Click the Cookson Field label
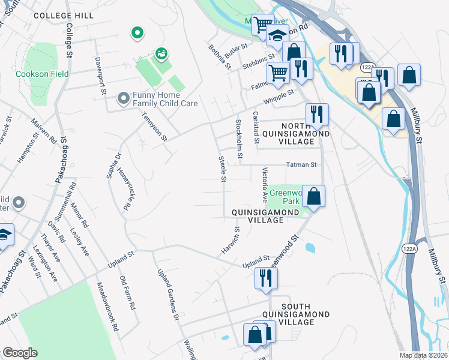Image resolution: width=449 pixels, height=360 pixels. (x=43, y=74)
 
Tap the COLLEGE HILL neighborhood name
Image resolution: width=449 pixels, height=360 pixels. (x=64, y=16)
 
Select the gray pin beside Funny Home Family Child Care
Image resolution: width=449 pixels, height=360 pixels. (x=123, y=97)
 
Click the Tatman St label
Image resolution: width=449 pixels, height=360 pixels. (x=301, y=164)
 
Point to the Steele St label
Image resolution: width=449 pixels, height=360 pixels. (x=222, y=168)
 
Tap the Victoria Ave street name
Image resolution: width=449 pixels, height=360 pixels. (x=264, y=184)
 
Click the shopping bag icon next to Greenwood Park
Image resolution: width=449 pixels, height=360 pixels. (x=313, y=196)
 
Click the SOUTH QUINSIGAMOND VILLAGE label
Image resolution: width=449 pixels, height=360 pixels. (x=297, y=314)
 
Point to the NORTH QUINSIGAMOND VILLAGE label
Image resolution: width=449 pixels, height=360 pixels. (x=297, y=133)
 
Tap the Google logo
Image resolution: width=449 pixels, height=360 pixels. (x=20, y=353)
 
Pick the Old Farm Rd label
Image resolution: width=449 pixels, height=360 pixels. (x=127, y=292)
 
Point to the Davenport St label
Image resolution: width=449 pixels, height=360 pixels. (x=100, y=76)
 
